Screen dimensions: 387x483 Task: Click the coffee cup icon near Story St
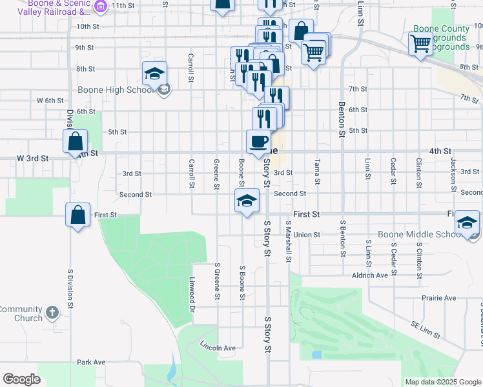pyautogui.click(x=258, y=141)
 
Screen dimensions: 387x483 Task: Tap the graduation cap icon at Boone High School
pyautogui.click(x=155, y=73)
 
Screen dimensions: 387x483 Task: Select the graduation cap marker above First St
pyautogui.click(x=247, y=201)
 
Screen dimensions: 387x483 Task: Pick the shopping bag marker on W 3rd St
pyautogui.click(x=76, y=141)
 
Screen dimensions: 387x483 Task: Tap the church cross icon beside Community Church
pyautogui.click(x=52, y=313)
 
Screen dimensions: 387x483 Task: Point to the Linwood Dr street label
pyautogui.click(x=192, y=291)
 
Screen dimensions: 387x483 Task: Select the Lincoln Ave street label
pyautogui.click(x=218, y=348)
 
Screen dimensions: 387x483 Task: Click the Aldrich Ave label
pyautogui.click(x=369, y=275)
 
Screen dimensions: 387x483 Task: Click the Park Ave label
pyautogui.click(x=90, y=362)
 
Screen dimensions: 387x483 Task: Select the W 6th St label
pyautogui.click(x=50, y=101)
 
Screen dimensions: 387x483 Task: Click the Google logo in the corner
pyautogui.click(x=21, y=379)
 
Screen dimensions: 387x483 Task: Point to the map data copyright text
pyautogui.click(x=442, y=382)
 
